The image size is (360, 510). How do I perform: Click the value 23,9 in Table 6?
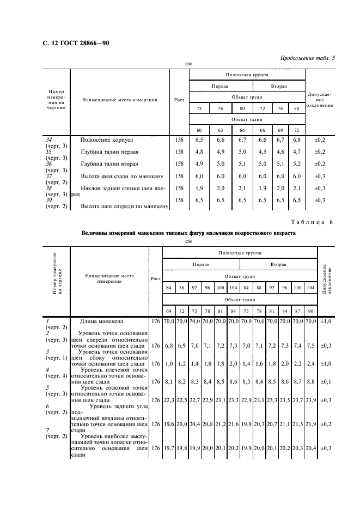tap(310, 400)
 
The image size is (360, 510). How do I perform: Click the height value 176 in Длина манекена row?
tap(156, 321)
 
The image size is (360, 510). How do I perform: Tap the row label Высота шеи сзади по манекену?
tap(123, 176)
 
